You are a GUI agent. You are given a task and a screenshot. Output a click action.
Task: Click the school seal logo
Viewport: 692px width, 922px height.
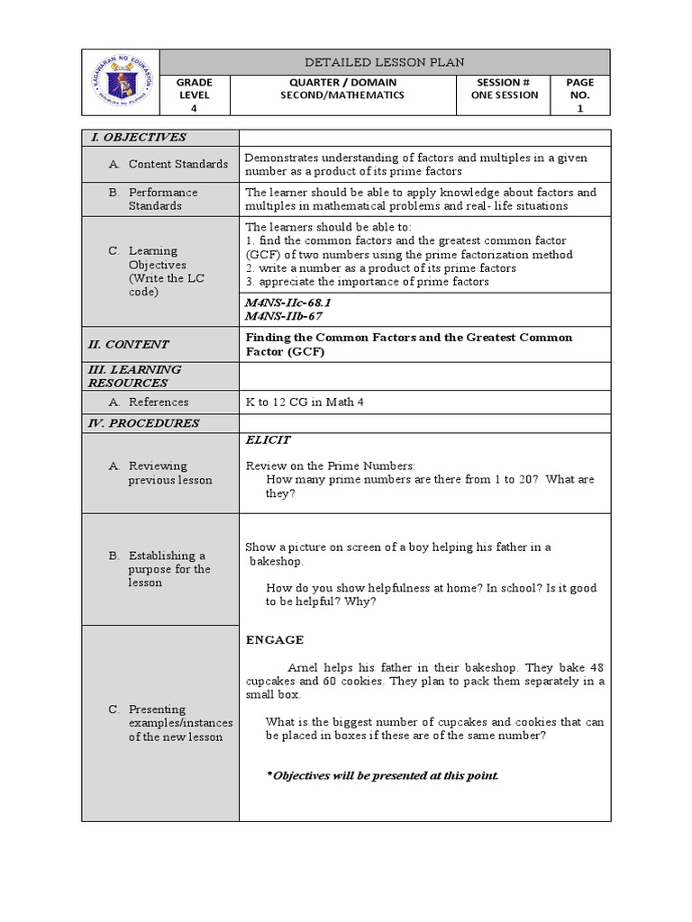click(121, 83)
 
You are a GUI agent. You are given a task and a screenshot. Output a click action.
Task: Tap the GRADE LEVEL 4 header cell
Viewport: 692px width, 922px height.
click(195, 95)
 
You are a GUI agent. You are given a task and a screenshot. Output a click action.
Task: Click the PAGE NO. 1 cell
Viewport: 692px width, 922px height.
click(579, 95)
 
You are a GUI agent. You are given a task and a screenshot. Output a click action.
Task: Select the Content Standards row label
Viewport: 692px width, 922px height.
click(175, 164)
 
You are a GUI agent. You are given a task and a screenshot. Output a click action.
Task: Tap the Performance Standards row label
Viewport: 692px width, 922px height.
click(162, 199)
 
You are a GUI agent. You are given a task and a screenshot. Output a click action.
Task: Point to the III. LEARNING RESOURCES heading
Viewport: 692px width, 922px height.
click(134, 375)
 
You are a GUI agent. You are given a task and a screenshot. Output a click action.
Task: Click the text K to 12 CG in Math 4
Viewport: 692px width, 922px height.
click(305, 402)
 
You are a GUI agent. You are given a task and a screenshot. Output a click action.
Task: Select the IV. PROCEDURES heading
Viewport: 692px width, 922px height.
click(141, 423)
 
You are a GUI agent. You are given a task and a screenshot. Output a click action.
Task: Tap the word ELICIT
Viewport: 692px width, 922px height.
click(268, 439)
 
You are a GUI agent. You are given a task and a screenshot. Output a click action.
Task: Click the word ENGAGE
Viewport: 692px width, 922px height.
click(275, 640)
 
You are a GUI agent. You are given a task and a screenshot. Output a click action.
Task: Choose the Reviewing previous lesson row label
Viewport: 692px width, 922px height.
click(170, 473)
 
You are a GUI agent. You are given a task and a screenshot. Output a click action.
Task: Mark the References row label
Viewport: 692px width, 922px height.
click(159, 402)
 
